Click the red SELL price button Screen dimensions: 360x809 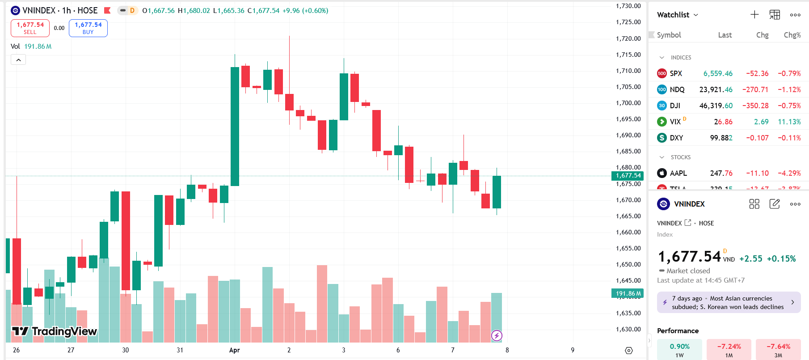point(30,28)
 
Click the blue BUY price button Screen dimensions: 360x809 point(88,28)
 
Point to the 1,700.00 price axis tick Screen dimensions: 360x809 point(628,103)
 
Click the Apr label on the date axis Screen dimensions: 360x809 point(234,350)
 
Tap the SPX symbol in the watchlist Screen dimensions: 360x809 point(676,73)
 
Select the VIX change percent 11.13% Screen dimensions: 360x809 point(789,122)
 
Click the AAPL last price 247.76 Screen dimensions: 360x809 point(721,173)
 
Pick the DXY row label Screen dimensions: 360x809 point(676,138)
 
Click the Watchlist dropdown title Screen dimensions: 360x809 point(677,15)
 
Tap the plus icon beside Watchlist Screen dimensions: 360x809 point(754,15)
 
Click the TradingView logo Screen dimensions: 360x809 point(55,331)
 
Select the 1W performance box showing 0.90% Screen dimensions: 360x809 point(679,350)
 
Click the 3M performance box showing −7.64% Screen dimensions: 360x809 point(778,350)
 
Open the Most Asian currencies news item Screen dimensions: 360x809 point(729,303)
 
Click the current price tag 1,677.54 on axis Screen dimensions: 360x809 point(628,176)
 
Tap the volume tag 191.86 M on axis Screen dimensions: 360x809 point(628,293)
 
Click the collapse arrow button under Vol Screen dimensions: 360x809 point(18,60)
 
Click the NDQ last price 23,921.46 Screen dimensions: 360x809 point(716,89)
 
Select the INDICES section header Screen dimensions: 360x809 point(680,58)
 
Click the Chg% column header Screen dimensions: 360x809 point(792,35)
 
